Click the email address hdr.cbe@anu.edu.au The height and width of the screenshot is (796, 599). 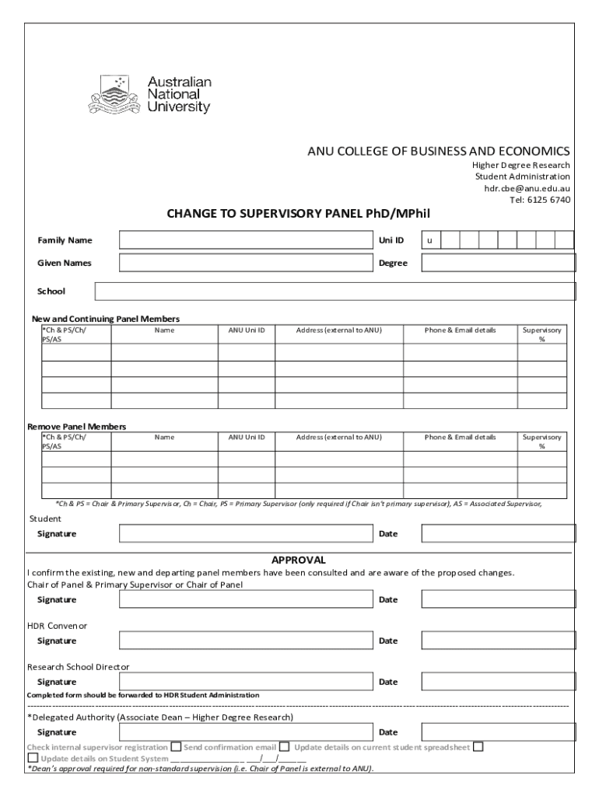pyautogui.click(x=527, y=188)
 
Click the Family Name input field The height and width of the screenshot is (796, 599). pyautogui.click(x=246, y=240)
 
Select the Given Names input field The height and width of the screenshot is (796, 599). pyautogui.click(x=246, y=263)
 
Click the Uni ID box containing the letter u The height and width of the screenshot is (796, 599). pyautogui.click(x=431, y=240)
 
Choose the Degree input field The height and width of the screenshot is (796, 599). pyautogui.click(x=498, y=263)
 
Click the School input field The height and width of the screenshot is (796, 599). pyautogui.click(x=335, y=292)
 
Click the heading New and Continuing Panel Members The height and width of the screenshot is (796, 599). pyautogui.click(x=105, y=319)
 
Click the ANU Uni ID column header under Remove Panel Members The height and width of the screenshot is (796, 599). pyautogui.click(x=246, y=437)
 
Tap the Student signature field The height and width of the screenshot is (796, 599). pyautogui.click(x=246, y=534)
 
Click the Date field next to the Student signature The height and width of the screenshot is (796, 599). pyautogui.click(x=498, y=534)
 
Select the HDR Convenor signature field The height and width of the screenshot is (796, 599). pyautogui.click(x=246, y=641)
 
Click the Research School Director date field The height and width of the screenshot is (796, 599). pyautogui.click(x=498, y=682)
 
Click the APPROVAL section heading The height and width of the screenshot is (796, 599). pyautogui.click(x=298, y=560)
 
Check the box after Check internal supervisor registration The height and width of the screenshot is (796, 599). pyautogui.click(x=177, y=747)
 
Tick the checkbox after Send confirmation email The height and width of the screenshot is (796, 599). pyautogui.click(x=285, y=747)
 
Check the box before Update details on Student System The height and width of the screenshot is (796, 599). pyautogui.click(x=33, y=758)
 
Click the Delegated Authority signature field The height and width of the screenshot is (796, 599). pyautogui.click(x=246, y=732)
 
